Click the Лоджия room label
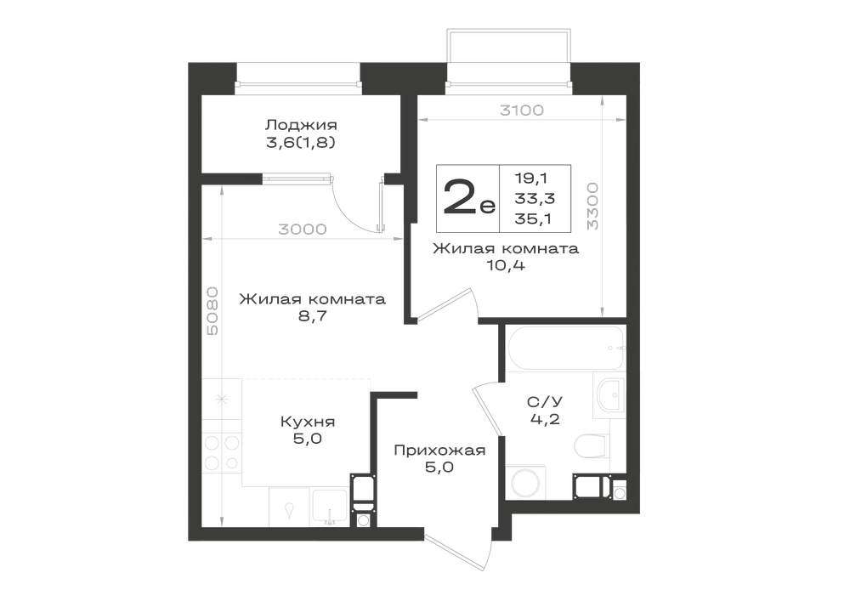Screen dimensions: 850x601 tap(301, 125)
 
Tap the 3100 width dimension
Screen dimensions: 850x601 tap(522, 111)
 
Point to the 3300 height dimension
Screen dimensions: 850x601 tap(592, 206)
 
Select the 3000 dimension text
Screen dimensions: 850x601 tap(303, 230)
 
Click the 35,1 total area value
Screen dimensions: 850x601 tap(535, 218)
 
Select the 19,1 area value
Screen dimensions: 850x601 tap(531, 179)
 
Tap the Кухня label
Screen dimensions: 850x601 tap(308, 422)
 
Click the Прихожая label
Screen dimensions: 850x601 tap(439, 451)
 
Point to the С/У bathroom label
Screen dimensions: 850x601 tap(545, 401)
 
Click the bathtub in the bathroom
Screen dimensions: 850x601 tap(566, 348)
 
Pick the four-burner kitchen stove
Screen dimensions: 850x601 tap(222, 452)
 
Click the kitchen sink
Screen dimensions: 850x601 tap(330, 507)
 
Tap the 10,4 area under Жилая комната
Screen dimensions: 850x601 tap(506, 266)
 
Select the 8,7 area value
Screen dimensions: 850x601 tap(312, 316)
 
